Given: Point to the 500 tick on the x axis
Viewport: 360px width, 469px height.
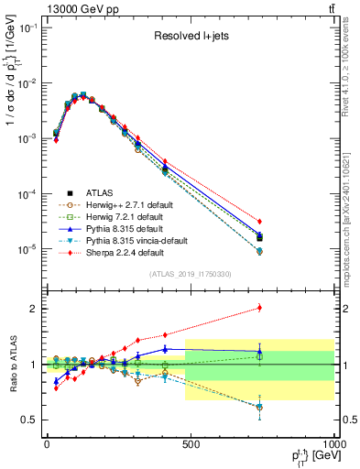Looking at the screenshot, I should click(x=191, y=444).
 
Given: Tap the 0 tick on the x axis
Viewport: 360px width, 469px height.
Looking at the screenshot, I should click(x=47, y=444).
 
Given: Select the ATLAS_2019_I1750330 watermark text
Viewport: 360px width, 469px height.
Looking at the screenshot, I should click(x=190, y=274).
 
